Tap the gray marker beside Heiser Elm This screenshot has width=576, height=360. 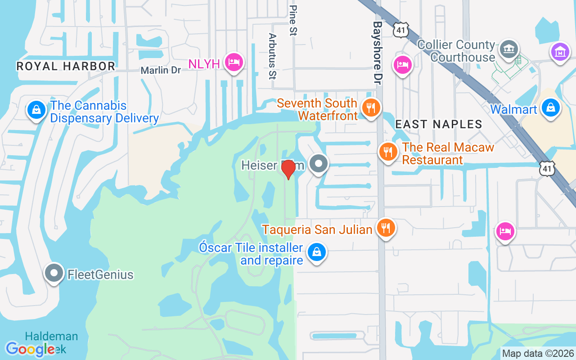tap(319, 164)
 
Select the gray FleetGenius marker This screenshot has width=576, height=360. tap(54, 273)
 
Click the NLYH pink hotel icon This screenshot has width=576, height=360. tap(234, 62)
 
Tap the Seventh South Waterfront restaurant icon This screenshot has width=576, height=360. tap(371, 108)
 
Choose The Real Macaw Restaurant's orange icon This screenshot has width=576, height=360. tap(387, 152)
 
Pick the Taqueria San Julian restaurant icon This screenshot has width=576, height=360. tap(386, 228)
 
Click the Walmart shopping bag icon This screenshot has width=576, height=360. tap(550, 108)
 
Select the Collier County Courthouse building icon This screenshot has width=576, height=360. tap(509, 49)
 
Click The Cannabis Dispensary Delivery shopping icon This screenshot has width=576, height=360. tap(35, 110)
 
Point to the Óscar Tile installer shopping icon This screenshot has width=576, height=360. tap(317, 252)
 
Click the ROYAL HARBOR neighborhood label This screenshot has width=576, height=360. tap(66, 66)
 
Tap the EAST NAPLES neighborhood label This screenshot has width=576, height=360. tap(439, 124)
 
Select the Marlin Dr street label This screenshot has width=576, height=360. tap(161, 70)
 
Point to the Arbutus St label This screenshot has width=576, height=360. tap(272, 56)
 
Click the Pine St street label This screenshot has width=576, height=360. tap(294, 20)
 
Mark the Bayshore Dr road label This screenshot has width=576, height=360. tap(378, 53)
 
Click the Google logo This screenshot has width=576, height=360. tap(30, 349)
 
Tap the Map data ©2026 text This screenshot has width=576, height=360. tap(538, 353)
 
